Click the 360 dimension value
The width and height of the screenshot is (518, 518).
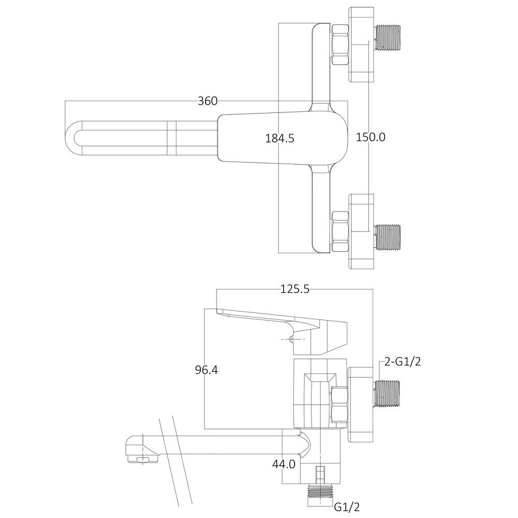coord(207,101)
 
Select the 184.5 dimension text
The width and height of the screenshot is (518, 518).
coord(280,138)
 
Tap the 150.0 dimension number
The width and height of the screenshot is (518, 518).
coord(370,137)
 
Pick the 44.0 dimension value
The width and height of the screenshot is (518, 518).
coord(284,464)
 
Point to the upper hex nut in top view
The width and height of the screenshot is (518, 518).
coord(340,45)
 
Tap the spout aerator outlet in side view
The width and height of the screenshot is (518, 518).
coord(142,459)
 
